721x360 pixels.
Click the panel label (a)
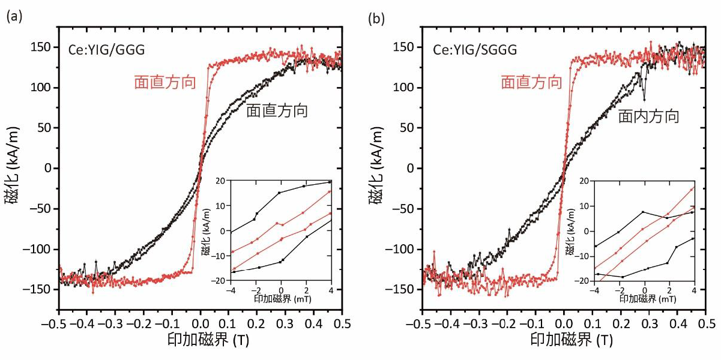[x=14, y=17]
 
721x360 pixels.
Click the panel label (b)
[x=376, y=17]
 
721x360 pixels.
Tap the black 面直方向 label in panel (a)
[x=277, y=110]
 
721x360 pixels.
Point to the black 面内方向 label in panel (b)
[x=648, y=116]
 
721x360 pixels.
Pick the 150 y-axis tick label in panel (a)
[x=43, y=47]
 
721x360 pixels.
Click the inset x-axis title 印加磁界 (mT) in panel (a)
[x=281, y=298]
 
